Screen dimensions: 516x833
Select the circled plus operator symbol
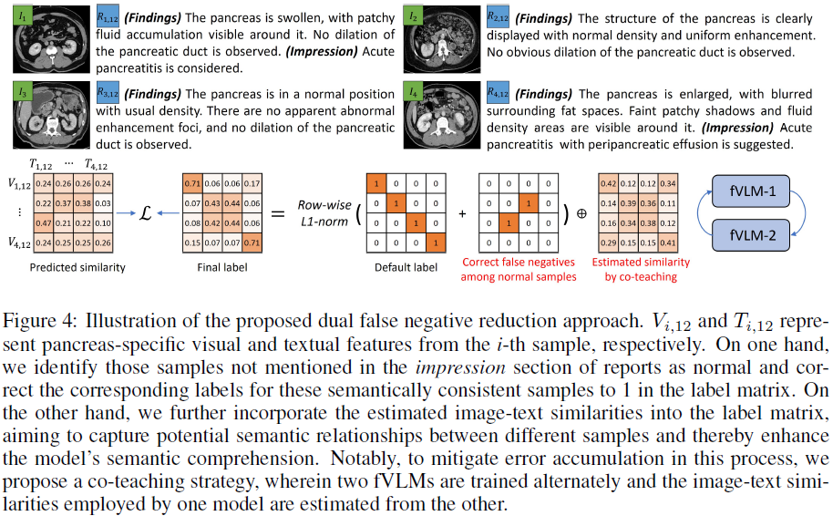pyautogui.click(x=582, y=215)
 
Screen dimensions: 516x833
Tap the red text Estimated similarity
pyautogui.click(x=641, y=262)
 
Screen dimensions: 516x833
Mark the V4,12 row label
pyautogui.click(x=17, y=243)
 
